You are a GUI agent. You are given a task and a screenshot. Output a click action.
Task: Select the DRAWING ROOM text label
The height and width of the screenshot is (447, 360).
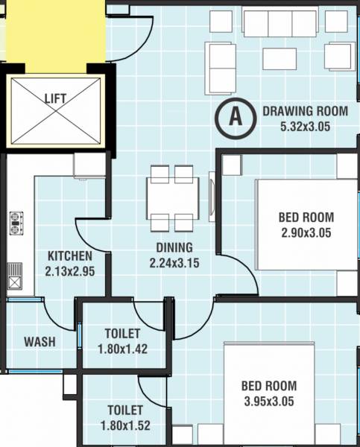click(x=305, y=112)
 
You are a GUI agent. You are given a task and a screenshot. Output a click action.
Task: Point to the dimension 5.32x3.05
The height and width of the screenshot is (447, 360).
click(x=305, y=126)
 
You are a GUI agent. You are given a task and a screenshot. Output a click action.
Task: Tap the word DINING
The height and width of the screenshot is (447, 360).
click(x=174, y=248)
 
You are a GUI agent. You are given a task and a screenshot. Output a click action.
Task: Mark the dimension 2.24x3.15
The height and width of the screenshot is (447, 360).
click(x=174, y=262)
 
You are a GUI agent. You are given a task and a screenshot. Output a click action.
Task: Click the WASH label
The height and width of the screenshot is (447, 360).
click(x=38, y=341)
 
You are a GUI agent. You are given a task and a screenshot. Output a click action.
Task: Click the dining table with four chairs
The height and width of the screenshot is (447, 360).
click(x=173, y=198)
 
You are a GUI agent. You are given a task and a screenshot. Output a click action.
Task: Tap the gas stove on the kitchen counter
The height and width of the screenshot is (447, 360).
click(x=16, y=221)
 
